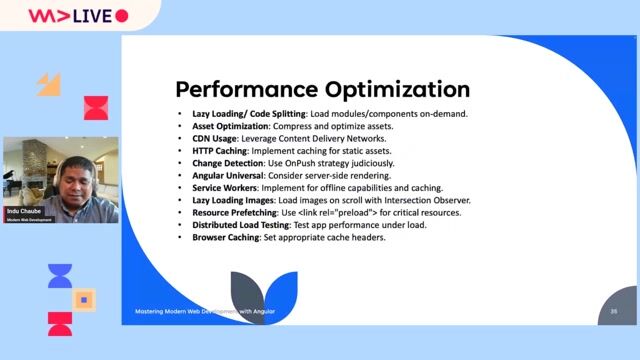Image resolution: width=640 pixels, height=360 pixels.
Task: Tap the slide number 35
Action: pos(614,312)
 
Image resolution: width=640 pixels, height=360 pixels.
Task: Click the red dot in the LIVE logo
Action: pos(122,16)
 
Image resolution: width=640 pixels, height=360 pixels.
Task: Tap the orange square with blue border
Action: pos(85,299)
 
